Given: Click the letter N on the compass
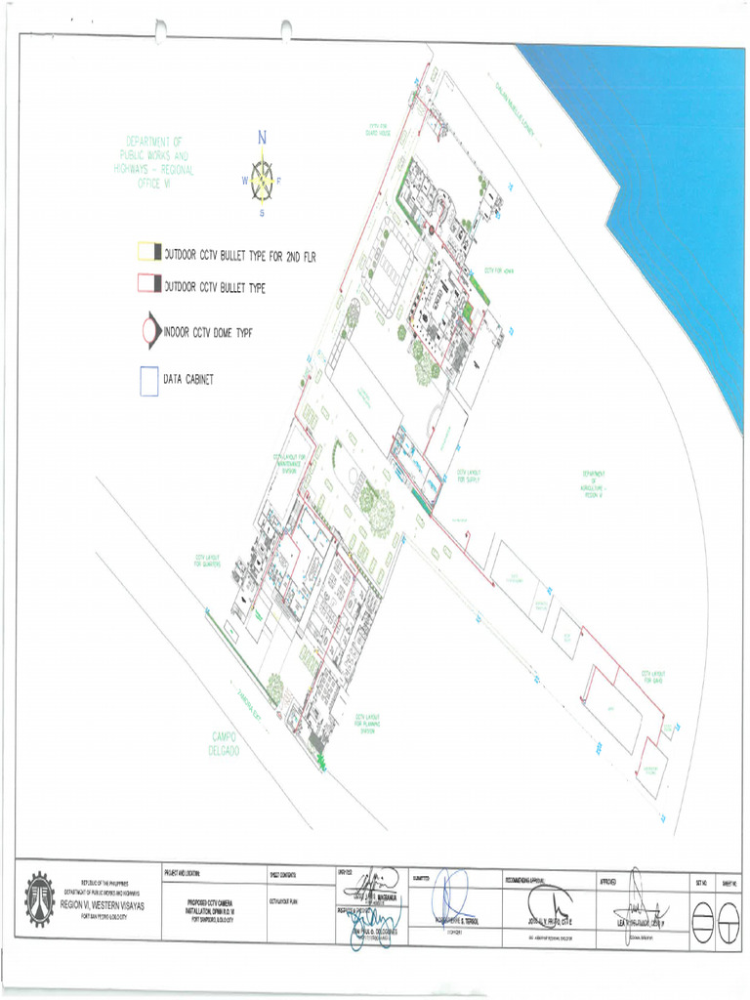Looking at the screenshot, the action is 263,138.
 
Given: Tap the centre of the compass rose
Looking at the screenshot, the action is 262,181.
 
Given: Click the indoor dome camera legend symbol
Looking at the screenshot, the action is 149,332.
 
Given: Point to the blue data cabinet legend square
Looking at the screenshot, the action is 148,380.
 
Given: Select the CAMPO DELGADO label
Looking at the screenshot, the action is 230,741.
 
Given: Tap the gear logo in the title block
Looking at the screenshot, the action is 40,897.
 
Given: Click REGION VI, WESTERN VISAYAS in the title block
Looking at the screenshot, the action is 102,905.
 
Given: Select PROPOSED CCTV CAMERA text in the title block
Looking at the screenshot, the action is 213,905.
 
